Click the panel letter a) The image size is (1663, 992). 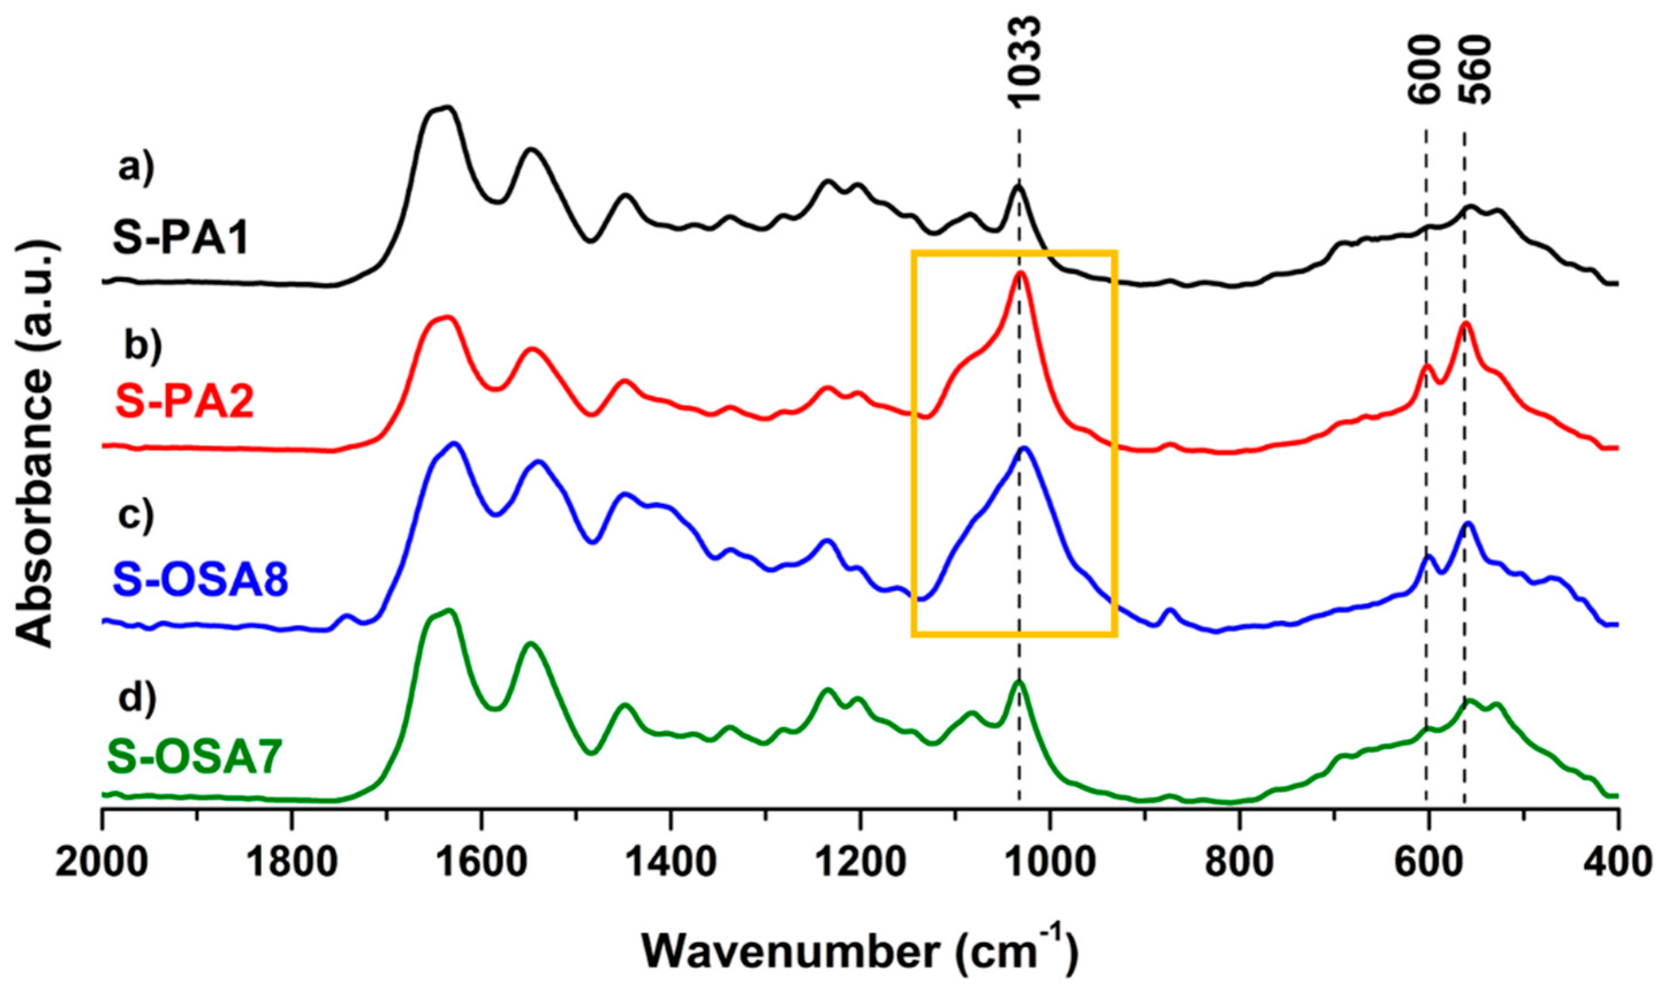pos(136,167)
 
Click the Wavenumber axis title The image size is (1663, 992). pos(860,952)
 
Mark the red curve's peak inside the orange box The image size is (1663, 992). pos(1021,273)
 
